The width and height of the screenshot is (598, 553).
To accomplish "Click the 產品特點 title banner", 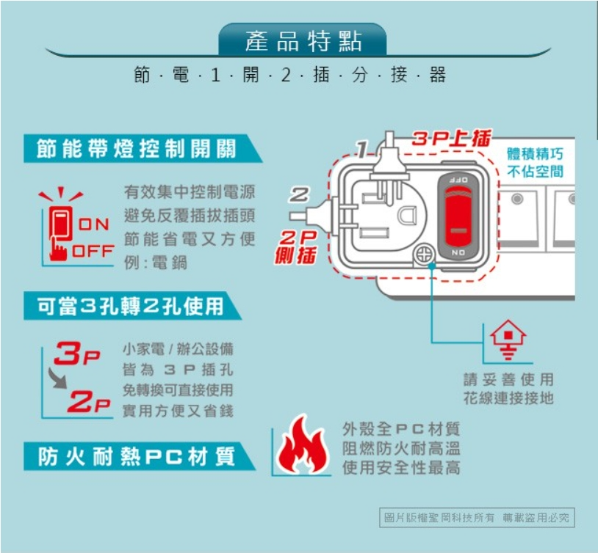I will (303, 42).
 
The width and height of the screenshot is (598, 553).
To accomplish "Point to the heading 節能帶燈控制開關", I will (137, 148).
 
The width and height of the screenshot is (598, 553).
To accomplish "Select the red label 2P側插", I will (296, 246).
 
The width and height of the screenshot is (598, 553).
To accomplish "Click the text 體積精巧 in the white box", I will (536, 155).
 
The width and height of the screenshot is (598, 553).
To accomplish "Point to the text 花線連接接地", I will (508, 398).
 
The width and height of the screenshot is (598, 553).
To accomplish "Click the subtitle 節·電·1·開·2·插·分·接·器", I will (290, 76).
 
